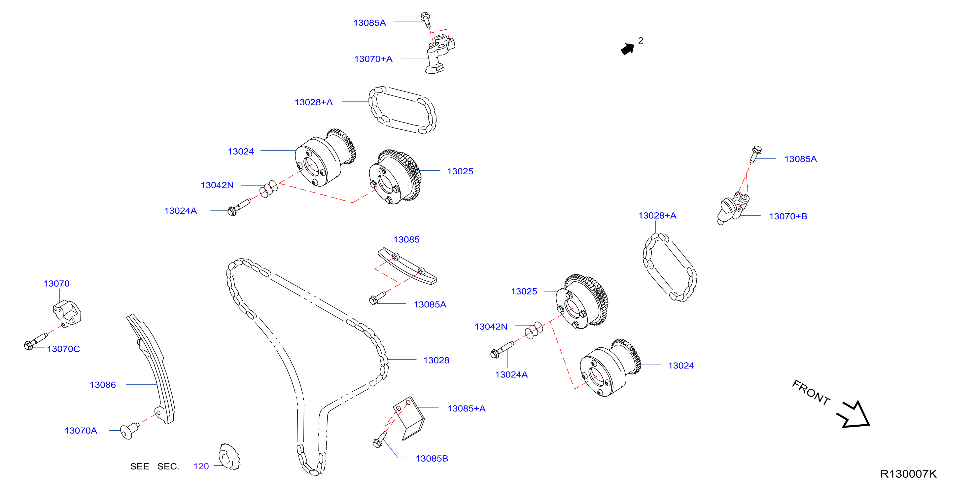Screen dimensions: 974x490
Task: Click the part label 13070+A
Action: [x=373, y=59]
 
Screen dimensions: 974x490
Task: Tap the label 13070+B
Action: [x=788, y=216]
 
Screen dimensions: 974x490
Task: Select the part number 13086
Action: [x=103, y=385]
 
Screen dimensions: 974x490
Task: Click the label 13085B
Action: [x=432, y=458]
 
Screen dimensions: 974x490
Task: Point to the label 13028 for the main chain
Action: [x=436, y=360]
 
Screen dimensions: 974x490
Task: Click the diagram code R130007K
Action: [x=908, y=474]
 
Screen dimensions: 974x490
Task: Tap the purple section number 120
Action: [x=201, y=466]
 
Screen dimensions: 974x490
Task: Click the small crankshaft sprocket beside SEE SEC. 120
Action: [x=229, y=457]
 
